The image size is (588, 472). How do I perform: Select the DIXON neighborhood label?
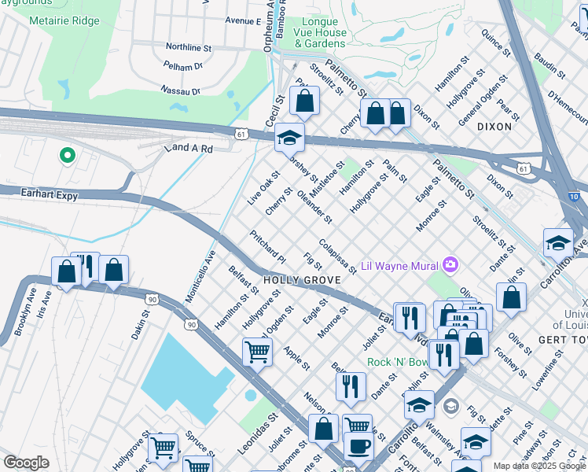point(494,126)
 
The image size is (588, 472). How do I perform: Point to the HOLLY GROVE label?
point(301,280)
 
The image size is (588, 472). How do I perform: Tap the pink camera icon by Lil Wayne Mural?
point(450,264)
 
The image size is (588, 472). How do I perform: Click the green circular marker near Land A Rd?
point(67,155)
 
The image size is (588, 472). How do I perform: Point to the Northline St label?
point(190,47)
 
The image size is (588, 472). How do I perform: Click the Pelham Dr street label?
point(183,67)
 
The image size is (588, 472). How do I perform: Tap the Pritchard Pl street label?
point(267,245)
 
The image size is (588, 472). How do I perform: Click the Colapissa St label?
point(338,256)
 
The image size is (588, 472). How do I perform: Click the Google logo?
point(26,463)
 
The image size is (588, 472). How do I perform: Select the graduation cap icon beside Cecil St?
point(289,138)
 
